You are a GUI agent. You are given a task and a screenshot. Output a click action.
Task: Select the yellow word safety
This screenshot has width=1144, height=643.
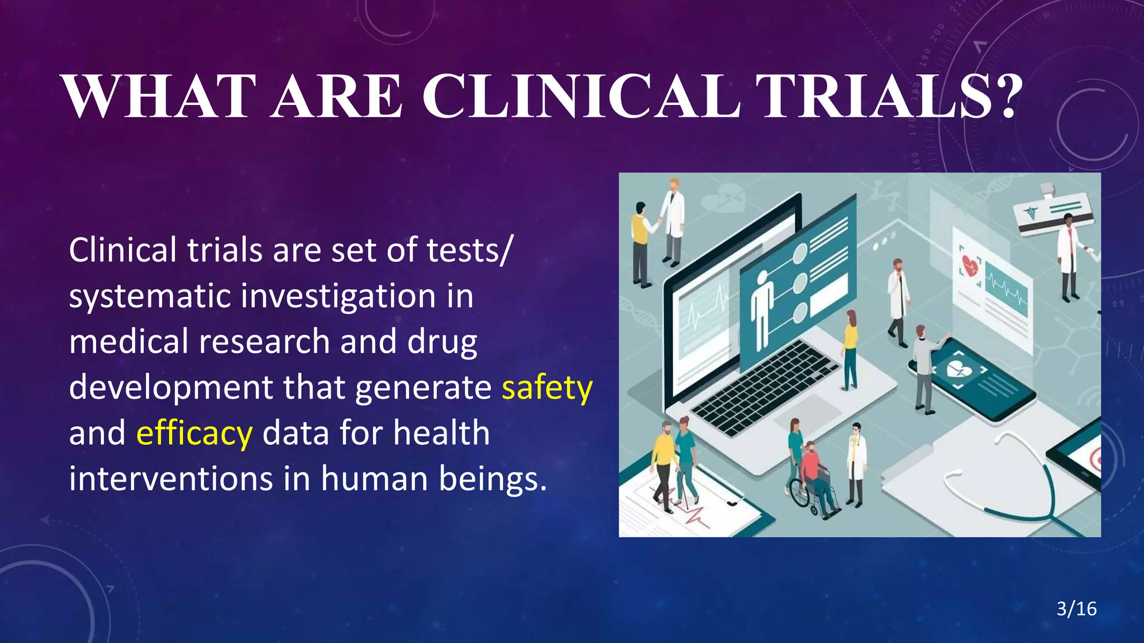point(547,387)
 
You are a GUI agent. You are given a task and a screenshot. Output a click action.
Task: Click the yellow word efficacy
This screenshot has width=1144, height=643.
point(194,433)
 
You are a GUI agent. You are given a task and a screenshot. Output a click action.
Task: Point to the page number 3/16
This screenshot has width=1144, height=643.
point(1076,608)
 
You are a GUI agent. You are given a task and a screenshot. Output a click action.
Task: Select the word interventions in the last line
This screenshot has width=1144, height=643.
point(171,479)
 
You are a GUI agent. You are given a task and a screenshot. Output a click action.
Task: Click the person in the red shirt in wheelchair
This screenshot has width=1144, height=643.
point(812,474)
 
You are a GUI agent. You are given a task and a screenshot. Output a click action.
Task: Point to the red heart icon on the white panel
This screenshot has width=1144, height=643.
point(971,265)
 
